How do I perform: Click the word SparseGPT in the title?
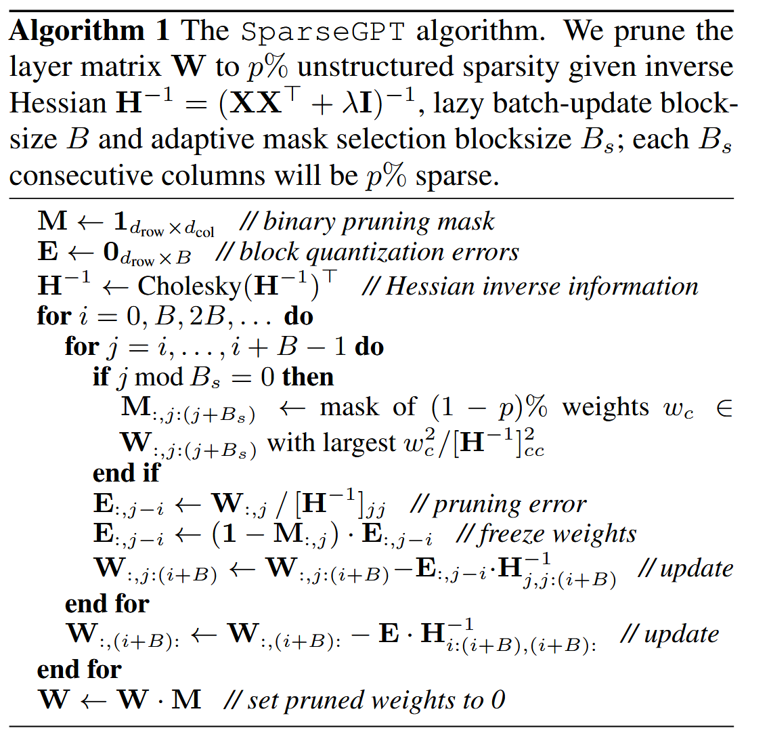(323, 32)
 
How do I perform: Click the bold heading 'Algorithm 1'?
(89, 30)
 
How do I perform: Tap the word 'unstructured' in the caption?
(376, 67)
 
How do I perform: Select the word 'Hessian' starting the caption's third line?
(58, 103)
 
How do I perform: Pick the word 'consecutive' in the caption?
(81, 175)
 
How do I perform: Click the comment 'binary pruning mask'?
(368, 221)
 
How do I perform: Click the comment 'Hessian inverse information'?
(529, 286)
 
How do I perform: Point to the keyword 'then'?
(307, 377)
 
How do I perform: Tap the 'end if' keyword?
(126, 473)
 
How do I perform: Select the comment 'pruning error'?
(498, 504)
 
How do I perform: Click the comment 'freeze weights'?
(546, 534)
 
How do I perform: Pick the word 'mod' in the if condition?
(158, 377)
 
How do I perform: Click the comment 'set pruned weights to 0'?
(364, 700)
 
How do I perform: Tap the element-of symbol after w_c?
(724, 408)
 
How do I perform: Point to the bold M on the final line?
(186, 699)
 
